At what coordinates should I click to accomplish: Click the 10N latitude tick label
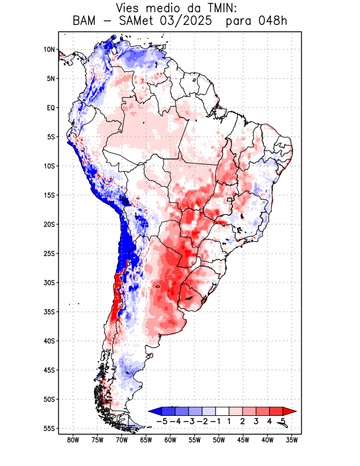coord(49,50)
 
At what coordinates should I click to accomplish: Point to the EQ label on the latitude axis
coord(50,108)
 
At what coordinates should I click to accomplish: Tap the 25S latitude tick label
coord(49,253)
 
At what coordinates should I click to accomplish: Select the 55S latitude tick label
coord(49,428)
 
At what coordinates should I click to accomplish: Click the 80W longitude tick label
coord(73,440)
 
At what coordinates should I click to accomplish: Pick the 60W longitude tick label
coord(170,440)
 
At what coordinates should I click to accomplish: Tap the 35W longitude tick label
coord(292,440)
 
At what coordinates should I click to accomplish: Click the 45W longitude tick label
coord(243,440)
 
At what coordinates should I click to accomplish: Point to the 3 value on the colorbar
coord(256,421)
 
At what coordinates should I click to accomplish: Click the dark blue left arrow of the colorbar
coord(154,411)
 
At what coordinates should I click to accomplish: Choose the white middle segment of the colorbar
coord(222,411)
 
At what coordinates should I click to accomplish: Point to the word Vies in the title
coord(130,8)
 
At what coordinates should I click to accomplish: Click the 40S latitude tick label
coord(49,341)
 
